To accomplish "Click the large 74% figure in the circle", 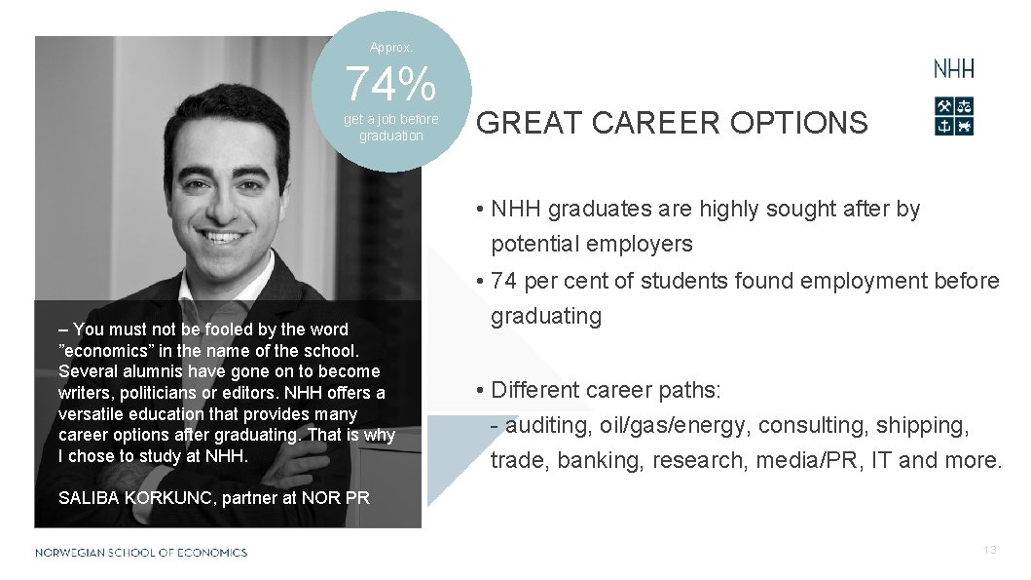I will [x=390, y=86].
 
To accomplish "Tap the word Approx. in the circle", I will [x=390, y=47].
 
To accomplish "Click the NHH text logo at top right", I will [x=953, y=69].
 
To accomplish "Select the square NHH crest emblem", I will [x=953, y=116].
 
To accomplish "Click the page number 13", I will [x=989, y=551].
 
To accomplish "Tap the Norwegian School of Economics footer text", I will [x=141, y=553].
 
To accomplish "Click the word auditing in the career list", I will [x=545, y=425].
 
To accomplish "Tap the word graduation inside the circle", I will [x=390, y=136].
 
